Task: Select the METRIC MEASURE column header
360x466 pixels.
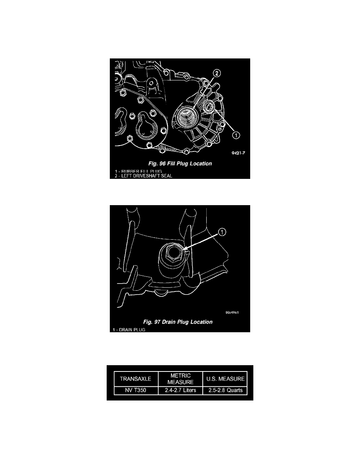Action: point(180,379)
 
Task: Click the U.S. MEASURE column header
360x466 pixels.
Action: point(224,379)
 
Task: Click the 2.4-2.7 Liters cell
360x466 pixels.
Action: point(180,390)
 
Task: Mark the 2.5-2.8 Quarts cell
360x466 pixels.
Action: point(224,390)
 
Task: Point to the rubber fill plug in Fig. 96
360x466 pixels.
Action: point(208,106)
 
